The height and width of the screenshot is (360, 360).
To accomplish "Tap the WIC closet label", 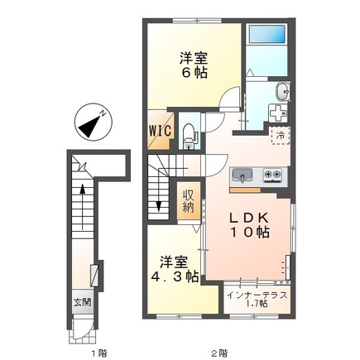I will point(160,130).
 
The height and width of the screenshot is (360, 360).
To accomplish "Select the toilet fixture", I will point(188,132).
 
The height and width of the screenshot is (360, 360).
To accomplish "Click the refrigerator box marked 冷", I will point(281,133).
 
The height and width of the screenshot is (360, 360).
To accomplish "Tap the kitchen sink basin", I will point(245,175).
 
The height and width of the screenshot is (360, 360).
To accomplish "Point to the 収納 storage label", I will point(190,200).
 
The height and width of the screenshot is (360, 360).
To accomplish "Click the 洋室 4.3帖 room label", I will point(174,268).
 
